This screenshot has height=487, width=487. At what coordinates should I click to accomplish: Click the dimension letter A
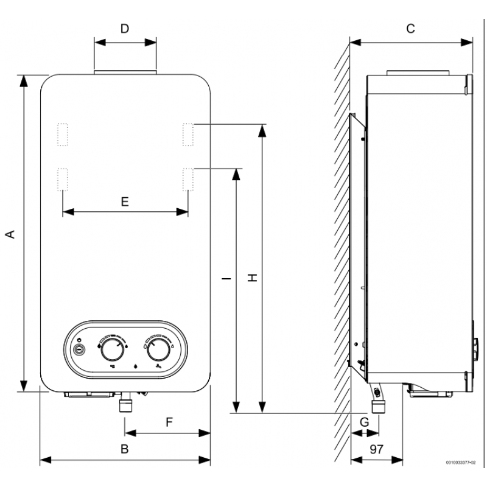click(x=9, y=234)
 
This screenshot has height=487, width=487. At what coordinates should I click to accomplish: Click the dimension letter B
click(x=124, y=449)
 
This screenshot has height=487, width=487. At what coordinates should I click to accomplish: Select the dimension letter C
click(x=410, y=29)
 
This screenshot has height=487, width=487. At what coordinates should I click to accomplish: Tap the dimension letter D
click(x=125, y=29)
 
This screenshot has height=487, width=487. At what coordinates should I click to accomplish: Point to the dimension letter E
click(x=125, y=201)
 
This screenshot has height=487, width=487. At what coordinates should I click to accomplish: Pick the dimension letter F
click(x=170, y=421)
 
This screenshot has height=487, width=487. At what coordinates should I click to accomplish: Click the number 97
click(x=377, y=449)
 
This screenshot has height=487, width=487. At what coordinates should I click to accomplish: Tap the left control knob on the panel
click(x=111, y=350)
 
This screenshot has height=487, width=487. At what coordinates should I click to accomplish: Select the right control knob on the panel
click(x=158, y=350)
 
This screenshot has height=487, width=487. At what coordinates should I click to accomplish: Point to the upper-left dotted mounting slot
click(x=63, y=133)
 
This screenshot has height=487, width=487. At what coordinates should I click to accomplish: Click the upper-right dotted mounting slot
click(x=188, y=133)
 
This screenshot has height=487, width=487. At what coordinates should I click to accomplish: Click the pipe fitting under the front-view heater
click(x=127, y=402)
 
